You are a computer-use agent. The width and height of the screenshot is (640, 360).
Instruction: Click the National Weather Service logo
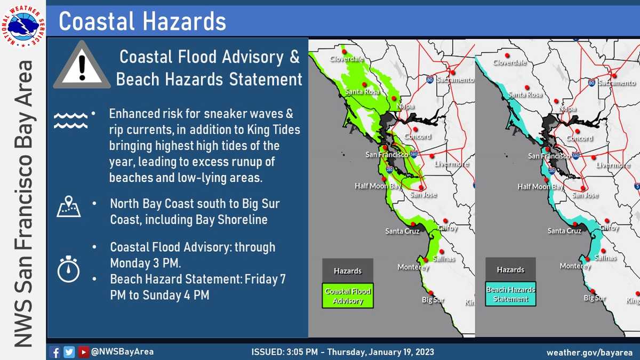click(23, 26)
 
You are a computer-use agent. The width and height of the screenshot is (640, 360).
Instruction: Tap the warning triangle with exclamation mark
click(82, 65)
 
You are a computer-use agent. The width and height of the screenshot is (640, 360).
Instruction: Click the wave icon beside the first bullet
click(70, 121)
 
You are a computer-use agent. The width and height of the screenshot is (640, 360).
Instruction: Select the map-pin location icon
click(69, 206)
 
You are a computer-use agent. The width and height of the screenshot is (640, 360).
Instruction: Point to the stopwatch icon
click(68, 269)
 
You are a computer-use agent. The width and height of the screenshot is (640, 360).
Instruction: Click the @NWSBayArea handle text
click(122, 351)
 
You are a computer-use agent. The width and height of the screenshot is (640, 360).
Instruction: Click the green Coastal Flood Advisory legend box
click(348, 295)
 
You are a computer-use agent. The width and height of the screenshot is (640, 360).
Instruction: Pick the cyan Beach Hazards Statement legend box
click(510, 294)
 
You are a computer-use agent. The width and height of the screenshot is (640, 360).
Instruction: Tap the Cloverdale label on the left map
click(347, 59)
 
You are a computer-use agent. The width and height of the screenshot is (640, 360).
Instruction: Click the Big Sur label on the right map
click(595, 298)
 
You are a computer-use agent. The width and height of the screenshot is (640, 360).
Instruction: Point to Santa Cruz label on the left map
click(402, 231)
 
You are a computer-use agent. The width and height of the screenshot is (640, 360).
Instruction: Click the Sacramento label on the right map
click(617, 83)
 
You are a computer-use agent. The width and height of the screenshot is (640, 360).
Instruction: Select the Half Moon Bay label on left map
click(378, 186)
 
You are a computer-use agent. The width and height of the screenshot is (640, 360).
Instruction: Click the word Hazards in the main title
click(185, 21)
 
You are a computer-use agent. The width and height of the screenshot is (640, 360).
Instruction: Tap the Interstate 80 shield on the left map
click(430, 79)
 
